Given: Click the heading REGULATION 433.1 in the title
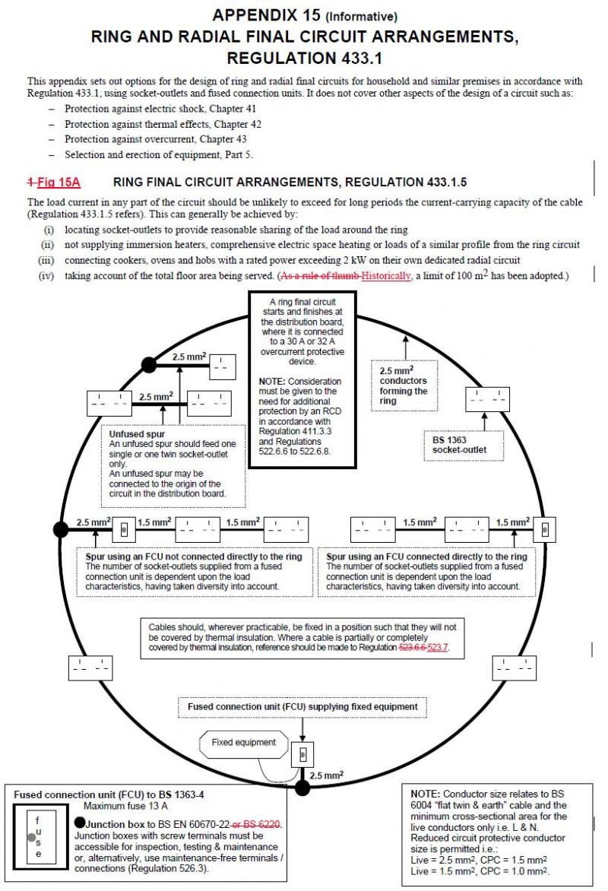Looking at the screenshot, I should (303, 58).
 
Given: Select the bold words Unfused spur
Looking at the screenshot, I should (131, 433).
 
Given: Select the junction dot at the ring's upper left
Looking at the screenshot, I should (149, 365).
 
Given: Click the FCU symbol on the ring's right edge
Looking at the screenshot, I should (546, 528).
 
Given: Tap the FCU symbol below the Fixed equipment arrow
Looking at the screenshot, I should (302, 754).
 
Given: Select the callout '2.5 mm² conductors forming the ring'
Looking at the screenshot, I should (404, 385).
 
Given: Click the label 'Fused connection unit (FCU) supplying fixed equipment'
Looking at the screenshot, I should (302, 706).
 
